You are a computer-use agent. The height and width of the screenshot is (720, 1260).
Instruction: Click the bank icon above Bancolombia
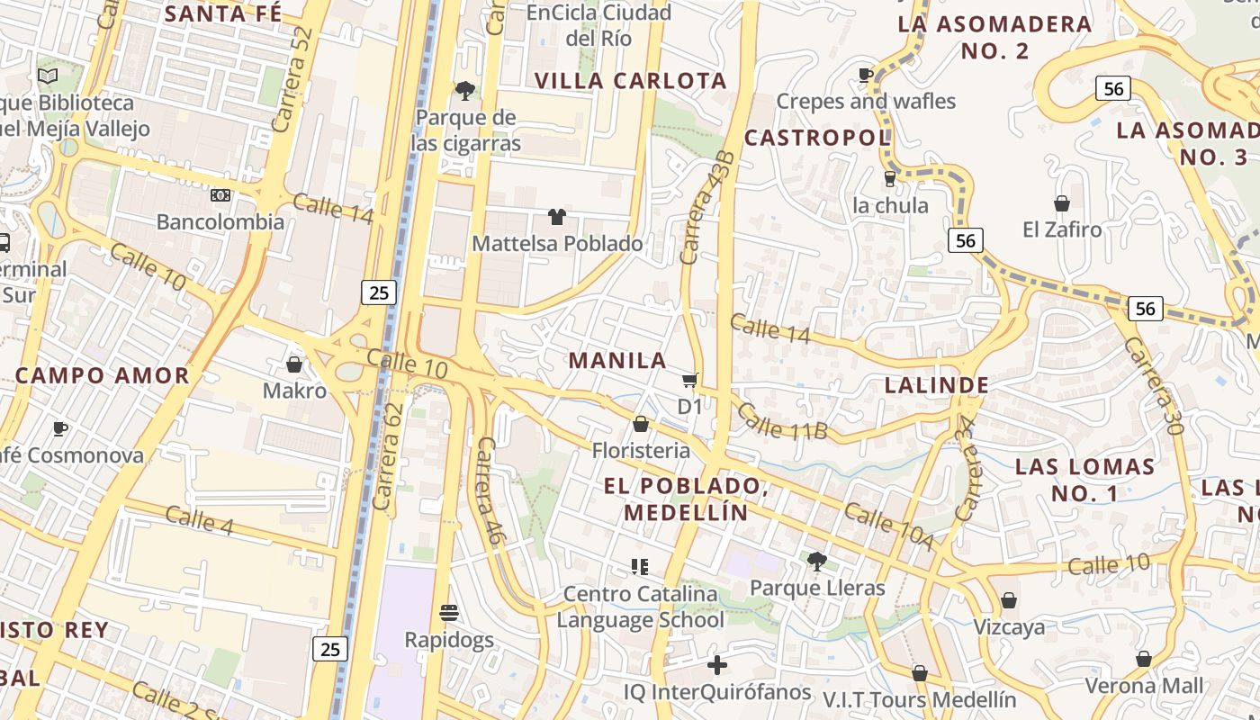coord(220,195)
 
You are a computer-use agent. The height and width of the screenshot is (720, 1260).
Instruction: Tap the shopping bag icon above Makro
coord(293,364)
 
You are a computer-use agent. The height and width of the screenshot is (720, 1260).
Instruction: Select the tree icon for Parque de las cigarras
coord(464,90)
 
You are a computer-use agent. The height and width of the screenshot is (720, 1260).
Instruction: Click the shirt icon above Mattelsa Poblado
coord(557,217)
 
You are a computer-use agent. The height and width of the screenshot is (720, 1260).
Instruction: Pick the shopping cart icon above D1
coord(690,380)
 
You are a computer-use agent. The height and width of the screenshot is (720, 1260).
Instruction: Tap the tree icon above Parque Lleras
coord(817,562)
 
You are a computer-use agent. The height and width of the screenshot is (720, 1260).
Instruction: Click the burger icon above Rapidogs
coord(449,613)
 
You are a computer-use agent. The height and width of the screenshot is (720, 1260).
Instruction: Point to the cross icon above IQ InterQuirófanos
coord(716,665)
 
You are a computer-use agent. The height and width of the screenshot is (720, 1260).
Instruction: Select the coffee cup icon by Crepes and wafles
coord(866,75)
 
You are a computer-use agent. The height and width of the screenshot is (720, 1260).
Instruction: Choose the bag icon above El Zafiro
coord(1062,203)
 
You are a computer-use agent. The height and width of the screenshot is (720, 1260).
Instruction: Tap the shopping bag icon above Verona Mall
coord(1144,659)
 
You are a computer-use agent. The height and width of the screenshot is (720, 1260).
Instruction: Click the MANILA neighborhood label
coord(617,361)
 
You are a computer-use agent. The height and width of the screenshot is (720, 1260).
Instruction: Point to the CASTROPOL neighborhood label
coord(817,138)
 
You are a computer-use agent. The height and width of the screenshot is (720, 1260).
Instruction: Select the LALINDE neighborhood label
coord(936,385)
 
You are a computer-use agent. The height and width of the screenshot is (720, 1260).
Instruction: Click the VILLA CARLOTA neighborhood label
coord(630,81)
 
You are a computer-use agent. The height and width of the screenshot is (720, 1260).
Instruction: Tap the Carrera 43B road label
coord(707,207)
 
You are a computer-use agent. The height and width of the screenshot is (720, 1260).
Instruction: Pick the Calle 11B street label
coord(782,422)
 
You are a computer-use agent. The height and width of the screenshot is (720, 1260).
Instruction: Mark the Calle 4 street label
coord(199,519)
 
